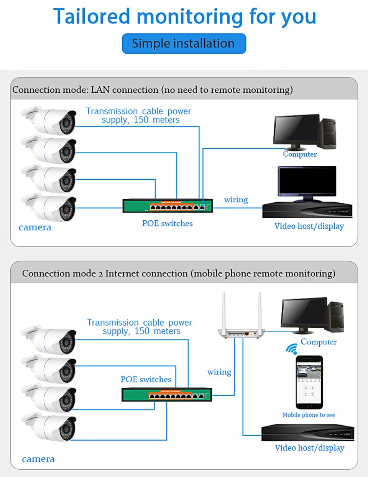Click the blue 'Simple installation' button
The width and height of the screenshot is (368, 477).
point(184,43)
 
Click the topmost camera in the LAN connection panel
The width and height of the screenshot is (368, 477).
point(49,120)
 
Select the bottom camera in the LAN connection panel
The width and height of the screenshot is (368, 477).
point(49,207)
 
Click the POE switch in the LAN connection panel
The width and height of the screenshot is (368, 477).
point(168,206)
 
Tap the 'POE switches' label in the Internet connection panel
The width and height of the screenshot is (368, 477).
point(146,379)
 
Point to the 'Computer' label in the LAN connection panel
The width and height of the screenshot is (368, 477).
point(300,154)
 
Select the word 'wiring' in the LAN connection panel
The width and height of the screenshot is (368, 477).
point(236,200)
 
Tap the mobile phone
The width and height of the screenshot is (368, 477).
point(309,382)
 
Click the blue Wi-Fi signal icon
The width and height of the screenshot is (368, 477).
point(292,349)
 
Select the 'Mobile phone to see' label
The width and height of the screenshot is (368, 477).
point(309,415)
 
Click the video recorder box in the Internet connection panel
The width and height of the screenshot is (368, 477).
point(307,433)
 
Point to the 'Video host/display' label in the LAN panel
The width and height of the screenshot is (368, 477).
point(309,226)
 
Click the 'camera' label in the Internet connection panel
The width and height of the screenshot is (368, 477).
point(38,459)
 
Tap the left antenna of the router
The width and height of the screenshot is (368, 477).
point(224,311)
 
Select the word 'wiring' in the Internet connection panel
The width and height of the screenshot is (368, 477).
point(219,372)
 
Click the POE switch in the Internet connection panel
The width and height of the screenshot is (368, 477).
point(167,395)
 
